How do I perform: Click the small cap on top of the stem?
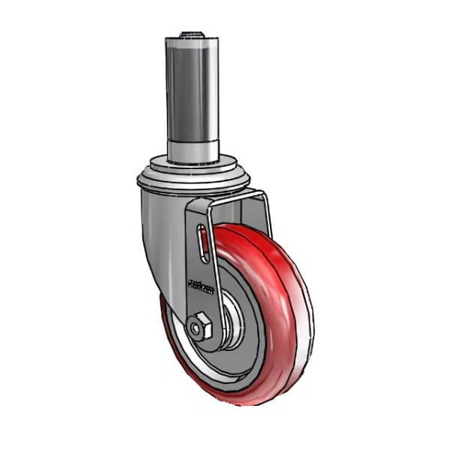(x=192, y=34)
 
